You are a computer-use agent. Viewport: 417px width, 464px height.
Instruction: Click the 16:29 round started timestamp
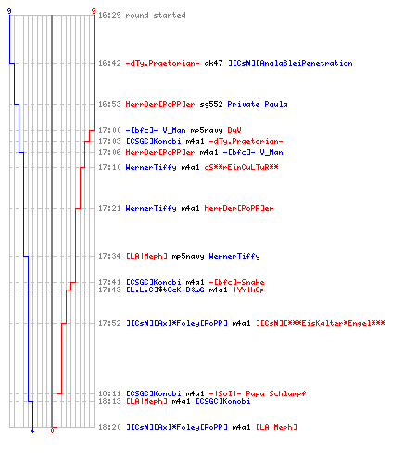click(109, 15)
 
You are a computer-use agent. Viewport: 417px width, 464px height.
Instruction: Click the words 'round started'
click(156, 15)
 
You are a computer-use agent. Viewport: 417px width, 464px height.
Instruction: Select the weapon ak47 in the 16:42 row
click(213, 63)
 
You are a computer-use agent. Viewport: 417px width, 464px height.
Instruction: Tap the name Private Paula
click(258, 104)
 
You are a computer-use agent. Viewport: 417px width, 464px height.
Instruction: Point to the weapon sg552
click(211, 104)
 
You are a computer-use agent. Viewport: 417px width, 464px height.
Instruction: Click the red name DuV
click(234, 130)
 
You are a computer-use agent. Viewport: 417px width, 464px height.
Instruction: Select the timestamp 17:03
click(109, 141)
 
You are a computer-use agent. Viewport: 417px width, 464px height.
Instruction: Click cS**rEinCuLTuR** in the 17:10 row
click(241, 167)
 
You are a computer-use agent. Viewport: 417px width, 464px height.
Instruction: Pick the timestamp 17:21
click(109, 208)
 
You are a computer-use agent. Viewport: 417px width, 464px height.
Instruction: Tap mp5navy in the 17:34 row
click(188, 256)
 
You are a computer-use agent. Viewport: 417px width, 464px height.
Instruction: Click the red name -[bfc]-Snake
click(236, 282)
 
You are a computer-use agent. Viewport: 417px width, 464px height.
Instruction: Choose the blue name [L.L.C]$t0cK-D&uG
click(165, 290)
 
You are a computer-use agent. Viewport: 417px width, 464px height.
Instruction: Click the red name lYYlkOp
click(248, 290)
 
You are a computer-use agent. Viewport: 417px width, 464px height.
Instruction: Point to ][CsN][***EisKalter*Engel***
click(321, 323)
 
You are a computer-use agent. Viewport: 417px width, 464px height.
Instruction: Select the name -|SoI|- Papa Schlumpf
click(258, 393)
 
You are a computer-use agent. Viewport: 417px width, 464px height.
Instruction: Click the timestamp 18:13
click(109, 401)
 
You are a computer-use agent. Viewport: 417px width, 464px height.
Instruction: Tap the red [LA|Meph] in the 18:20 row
click(276, 427)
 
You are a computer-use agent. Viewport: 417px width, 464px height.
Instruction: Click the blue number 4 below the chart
click(32, 431)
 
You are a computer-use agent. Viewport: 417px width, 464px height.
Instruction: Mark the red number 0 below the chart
click(52, 431)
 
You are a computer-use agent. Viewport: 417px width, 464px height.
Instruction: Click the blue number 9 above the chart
click(9, 11)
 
